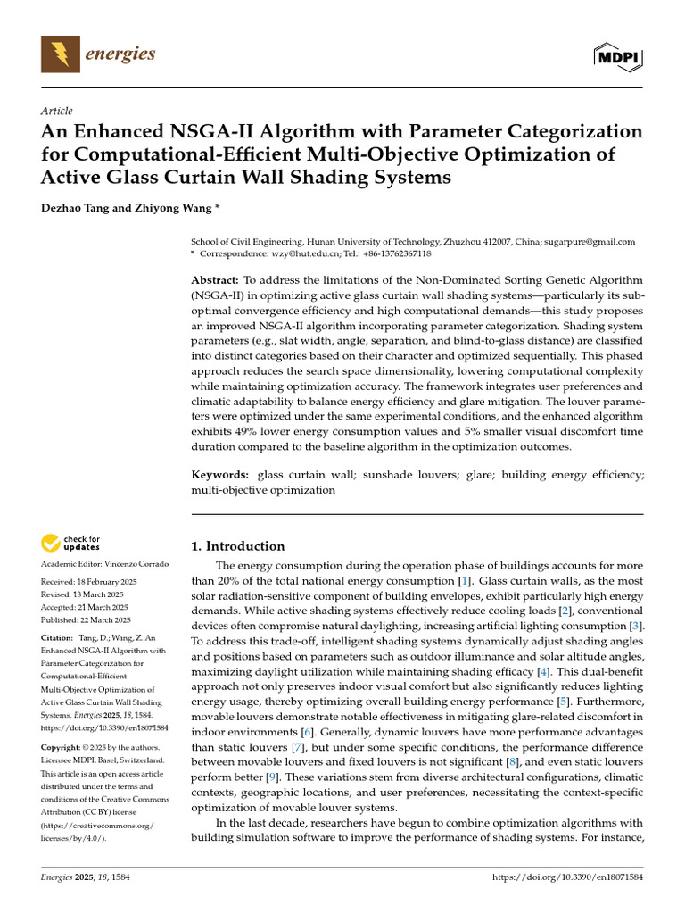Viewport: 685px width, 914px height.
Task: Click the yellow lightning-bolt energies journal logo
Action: tap(61, 55)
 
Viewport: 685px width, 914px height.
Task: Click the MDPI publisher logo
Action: tap(618, 56)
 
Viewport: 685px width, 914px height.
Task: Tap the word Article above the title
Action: tap(56, 111)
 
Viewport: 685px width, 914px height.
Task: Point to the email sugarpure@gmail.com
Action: tap(592, 242)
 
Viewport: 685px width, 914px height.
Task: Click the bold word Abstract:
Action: tap(215, 279)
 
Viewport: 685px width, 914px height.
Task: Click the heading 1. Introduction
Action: tap(238, 546)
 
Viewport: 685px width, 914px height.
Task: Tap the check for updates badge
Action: tap(71, 543)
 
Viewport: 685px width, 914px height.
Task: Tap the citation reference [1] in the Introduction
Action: tap(464, 581)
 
